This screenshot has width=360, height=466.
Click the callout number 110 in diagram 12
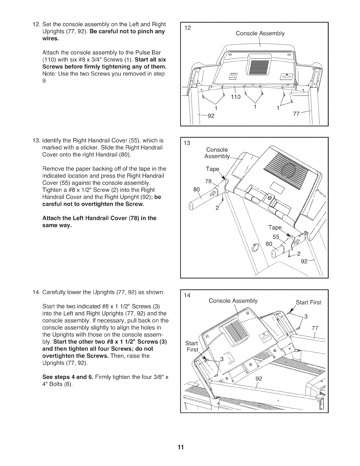click(x=236, y=97)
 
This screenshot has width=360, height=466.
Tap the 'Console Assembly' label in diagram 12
click(x=260, y=34)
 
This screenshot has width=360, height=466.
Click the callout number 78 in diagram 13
click(x=208, y=181)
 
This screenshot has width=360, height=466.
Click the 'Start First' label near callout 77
click(x=309, y=303)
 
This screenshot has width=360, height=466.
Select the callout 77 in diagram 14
click(x=315, y=328)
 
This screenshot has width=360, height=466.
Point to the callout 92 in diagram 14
click(x=259, y=379)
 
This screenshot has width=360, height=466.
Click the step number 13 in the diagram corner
click(x=187, y=143)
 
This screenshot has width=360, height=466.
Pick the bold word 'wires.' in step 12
click(x=51, y=39)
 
